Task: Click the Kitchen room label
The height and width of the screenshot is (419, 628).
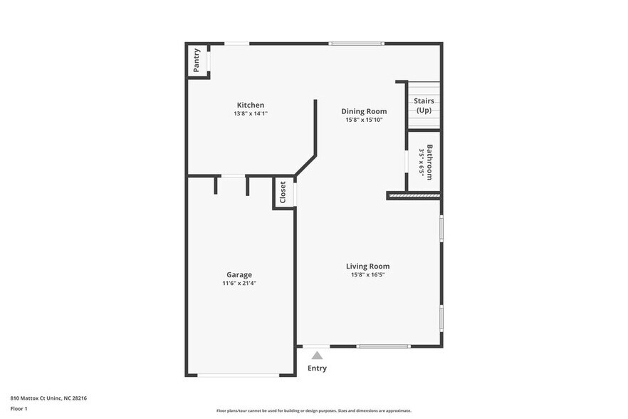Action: tap(250, 105)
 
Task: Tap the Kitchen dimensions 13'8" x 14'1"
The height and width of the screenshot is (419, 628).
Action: tap(250, 113)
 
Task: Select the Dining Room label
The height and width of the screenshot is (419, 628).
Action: tap(364, 111)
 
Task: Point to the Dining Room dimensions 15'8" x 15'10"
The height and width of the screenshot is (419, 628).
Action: tap(364, 120)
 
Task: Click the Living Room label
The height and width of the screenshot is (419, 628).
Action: tap(367, 267)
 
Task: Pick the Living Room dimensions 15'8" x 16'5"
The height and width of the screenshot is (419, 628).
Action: tap(367, 275)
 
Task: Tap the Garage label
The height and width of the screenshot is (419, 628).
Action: tap(239, 274)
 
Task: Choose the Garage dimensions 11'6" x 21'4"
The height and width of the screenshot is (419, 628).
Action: tap(239, 283)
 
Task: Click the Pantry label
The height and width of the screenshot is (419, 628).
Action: tap(197, 60)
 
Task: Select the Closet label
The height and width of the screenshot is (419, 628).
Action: tap(283, 192)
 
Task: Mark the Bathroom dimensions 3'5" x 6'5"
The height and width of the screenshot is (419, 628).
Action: tap(421, 162)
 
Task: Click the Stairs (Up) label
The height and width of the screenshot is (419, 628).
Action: tap(424, 105)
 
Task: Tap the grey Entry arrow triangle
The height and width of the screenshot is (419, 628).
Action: tap(317, 355)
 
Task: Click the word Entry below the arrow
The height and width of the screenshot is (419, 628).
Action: tap(317, 368)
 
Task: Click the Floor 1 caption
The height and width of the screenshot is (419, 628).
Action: tap(19, 410)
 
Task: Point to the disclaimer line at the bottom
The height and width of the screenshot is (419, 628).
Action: tap(313, 410)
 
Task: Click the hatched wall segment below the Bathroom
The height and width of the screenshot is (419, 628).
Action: tap(414, 195)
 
